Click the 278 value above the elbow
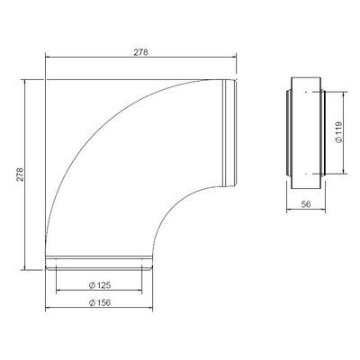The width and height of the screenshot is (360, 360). pyautogui.click(x=140, y=52)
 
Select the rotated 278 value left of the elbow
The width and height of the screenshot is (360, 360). pyautogui.click(x=20, y=175)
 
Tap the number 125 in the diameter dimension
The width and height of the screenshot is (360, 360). pyautogui.click(x=103, y=285)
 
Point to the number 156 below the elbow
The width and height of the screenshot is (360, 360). pyautogui.click(x=103, y=302)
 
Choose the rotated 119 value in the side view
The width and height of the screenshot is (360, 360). pyautogui.click(x=338, y=128)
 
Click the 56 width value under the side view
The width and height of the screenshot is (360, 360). pyautogui.click(x=306, y=204)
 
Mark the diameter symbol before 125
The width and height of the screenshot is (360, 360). pyautogui.click(x=93, y=285)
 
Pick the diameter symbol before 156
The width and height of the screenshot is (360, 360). pyautogui.click(x=93, y=303)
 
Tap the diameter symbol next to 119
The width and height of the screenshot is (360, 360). pyautogui.click(x=339, y=139)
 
